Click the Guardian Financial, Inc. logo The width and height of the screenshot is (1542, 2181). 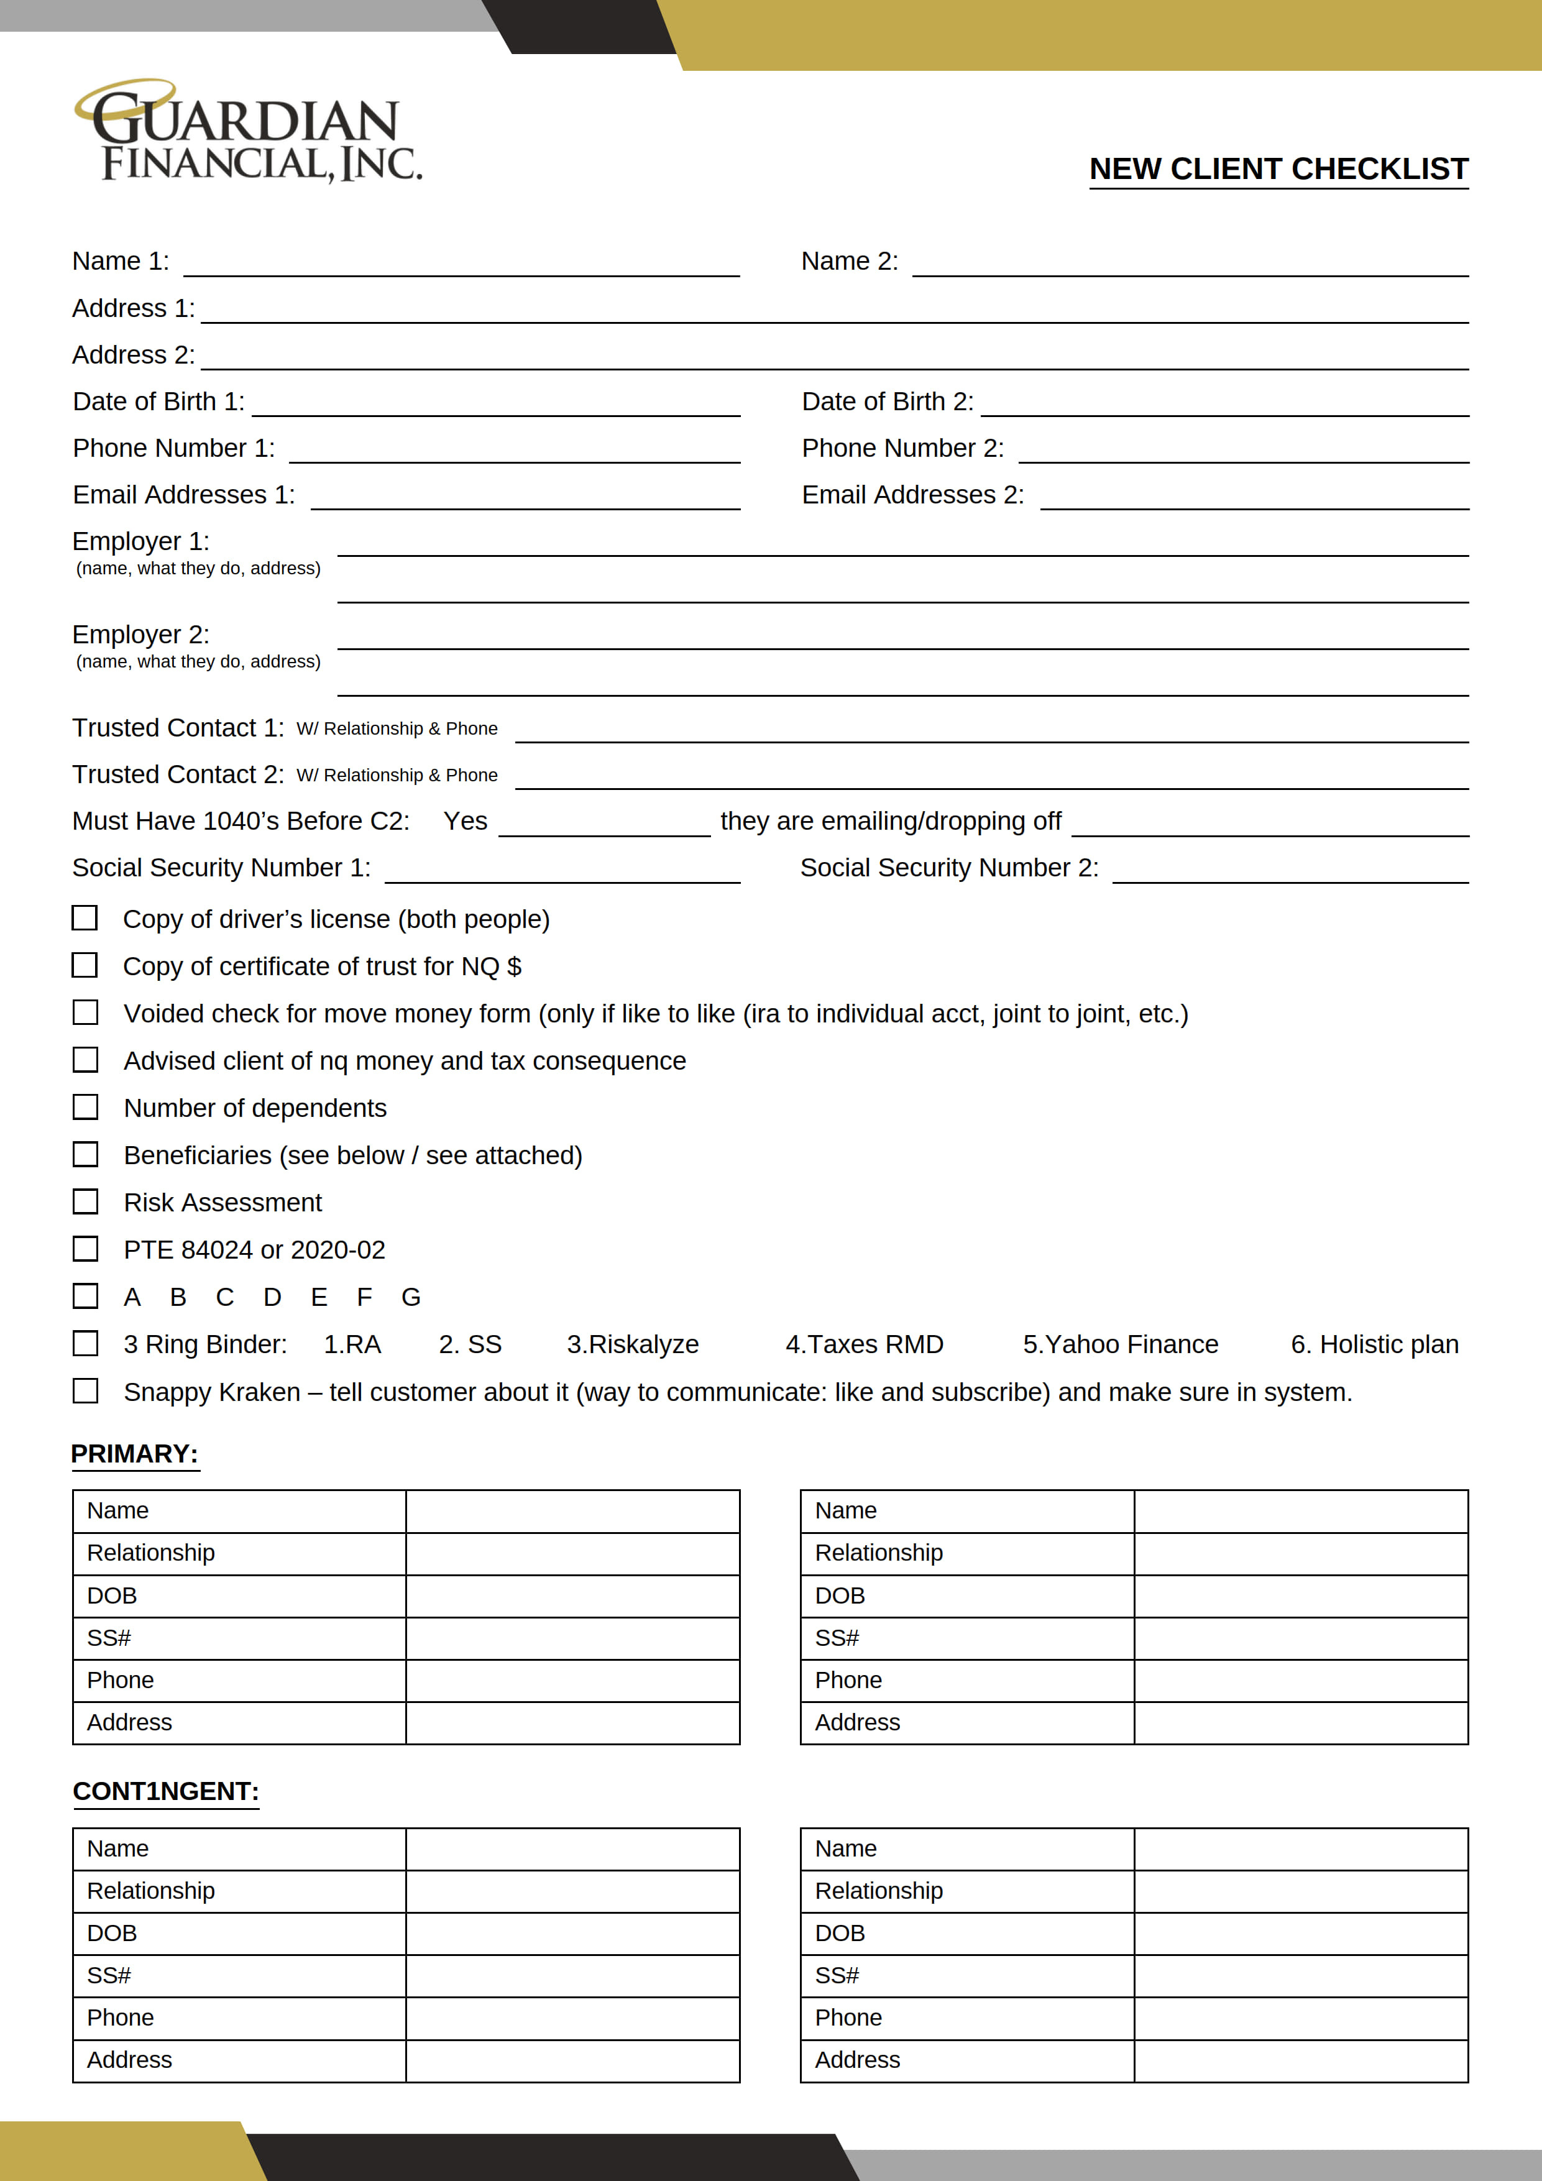[x=249, y=133]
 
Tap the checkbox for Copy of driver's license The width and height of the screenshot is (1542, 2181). [x=85, y=917]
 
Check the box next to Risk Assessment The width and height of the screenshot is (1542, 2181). [x=86, y=1201]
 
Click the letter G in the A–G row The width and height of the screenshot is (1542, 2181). [x=410, y=1298]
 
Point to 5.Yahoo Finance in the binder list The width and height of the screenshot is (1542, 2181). [x=1120, y=1344]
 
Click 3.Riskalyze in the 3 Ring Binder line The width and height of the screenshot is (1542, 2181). [x=633, y=1344]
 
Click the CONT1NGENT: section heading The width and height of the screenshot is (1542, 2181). [x=165, y=1791]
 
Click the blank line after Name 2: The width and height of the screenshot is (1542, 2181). [x=1190, y=264]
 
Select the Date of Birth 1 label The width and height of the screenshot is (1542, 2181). [x=158, y=402]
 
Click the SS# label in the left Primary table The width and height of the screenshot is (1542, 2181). [x=109, y=1638]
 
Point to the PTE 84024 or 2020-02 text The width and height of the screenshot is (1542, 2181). [x=255, y=1249]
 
